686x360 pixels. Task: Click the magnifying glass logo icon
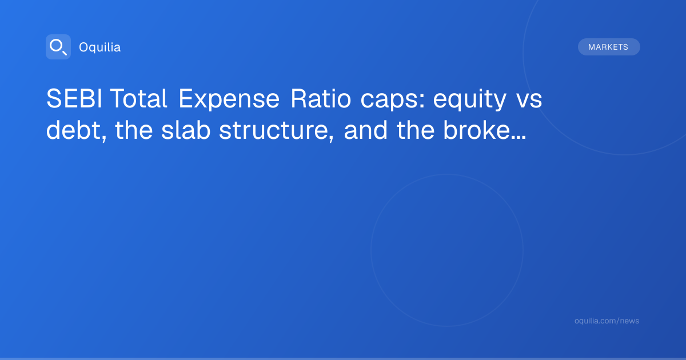click(x=58, y=47)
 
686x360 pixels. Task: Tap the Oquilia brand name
click(x=100, y=47)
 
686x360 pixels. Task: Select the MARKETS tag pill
click(x=609, y=47)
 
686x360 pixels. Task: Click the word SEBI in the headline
click(x=74, y=98)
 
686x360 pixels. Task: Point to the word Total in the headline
click(x=138, y=98)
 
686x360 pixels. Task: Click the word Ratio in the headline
click(x=321, y=98)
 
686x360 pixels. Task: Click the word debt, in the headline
click(x=77, y=131)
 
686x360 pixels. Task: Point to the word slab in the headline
click(x=186, y=130)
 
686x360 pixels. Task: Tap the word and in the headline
click(x=366, y=130)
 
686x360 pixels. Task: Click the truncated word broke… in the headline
click(x=485, y=130)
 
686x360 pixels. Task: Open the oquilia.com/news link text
click(x=607, y=321)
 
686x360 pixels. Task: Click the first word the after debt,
click(x=134, y=130)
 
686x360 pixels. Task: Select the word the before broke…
click(x=416, y=130)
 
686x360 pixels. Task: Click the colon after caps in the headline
click(x=422, y=102)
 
